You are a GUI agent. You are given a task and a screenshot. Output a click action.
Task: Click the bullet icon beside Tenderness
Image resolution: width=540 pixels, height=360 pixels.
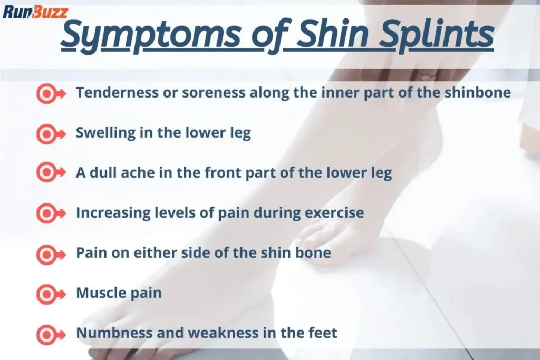pos(50,93)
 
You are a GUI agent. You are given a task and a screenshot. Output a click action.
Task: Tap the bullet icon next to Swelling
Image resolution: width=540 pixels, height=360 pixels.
pos(50,133)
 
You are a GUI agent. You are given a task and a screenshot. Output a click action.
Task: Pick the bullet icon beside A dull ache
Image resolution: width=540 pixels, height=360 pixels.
pos(50,173)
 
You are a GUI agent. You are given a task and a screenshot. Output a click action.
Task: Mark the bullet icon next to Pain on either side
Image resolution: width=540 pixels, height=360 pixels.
pos(50,254)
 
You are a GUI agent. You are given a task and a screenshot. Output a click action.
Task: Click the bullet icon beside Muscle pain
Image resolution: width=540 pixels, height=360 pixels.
pos(50,293)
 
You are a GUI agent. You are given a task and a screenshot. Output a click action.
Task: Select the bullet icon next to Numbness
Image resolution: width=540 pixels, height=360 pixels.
pos(50,333)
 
